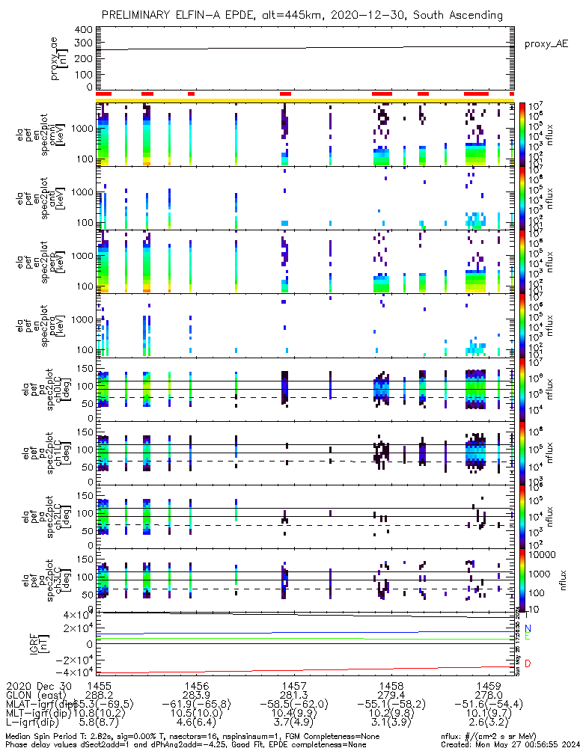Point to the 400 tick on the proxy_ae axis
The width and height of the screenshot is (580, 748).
83,29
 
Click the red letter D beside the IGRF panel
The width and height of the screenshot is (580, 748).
528,663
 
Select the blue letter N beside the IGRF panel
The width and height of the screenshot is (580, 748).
528,628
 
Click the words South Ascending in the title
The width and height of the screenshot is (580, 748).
462,15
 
